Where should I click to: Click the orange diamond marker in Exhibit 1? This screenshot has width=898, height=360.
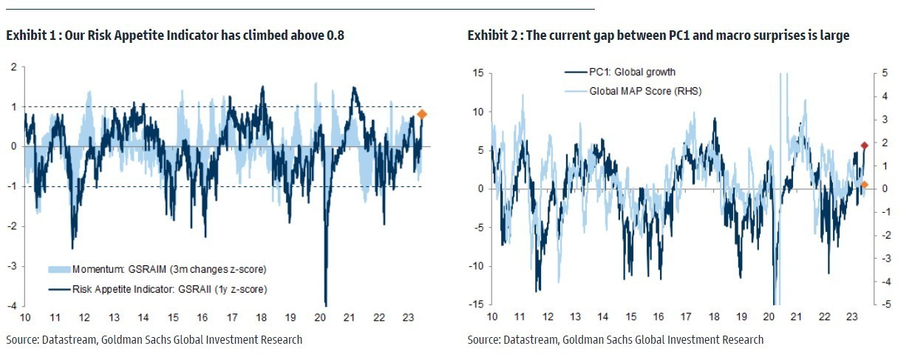[x=422, y=114]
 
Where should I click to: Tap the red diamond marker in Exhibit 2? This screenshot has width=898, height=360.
[x=864, y=146]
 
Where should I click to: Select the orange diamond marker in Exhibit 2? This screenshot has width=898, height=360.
[x=864, y=184]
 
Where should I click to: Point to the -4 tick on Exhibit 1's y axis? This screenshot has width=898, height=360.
[x=13, y=305]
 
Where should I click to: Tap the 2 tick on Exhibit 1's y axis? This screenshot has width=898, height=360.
[x=13, y=67]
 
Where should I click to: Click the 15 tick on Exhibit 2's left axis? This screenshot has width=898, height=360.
[x=477, y=72]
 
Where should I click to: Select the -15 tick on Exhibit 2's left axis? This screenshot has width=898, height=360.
[x=477, y=305]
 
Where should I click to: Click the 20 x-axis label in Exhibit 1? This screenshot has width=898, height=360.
[x=320, y=318]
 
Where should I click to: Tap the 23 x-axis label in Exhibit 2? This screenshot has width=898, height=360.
[x=851, y=318]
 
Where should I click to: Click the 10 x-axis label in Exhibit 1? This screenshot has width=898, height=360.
[x=24, y=318]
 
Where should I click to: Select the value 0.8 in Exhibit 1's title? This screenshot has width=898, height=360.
[x=335, y=35]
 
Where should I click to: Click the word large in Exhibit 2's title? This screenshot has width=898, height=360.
[x=834, y=35]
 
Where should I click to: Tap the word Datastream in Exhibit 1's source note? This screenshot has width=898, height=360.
[x=70, y=340]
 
